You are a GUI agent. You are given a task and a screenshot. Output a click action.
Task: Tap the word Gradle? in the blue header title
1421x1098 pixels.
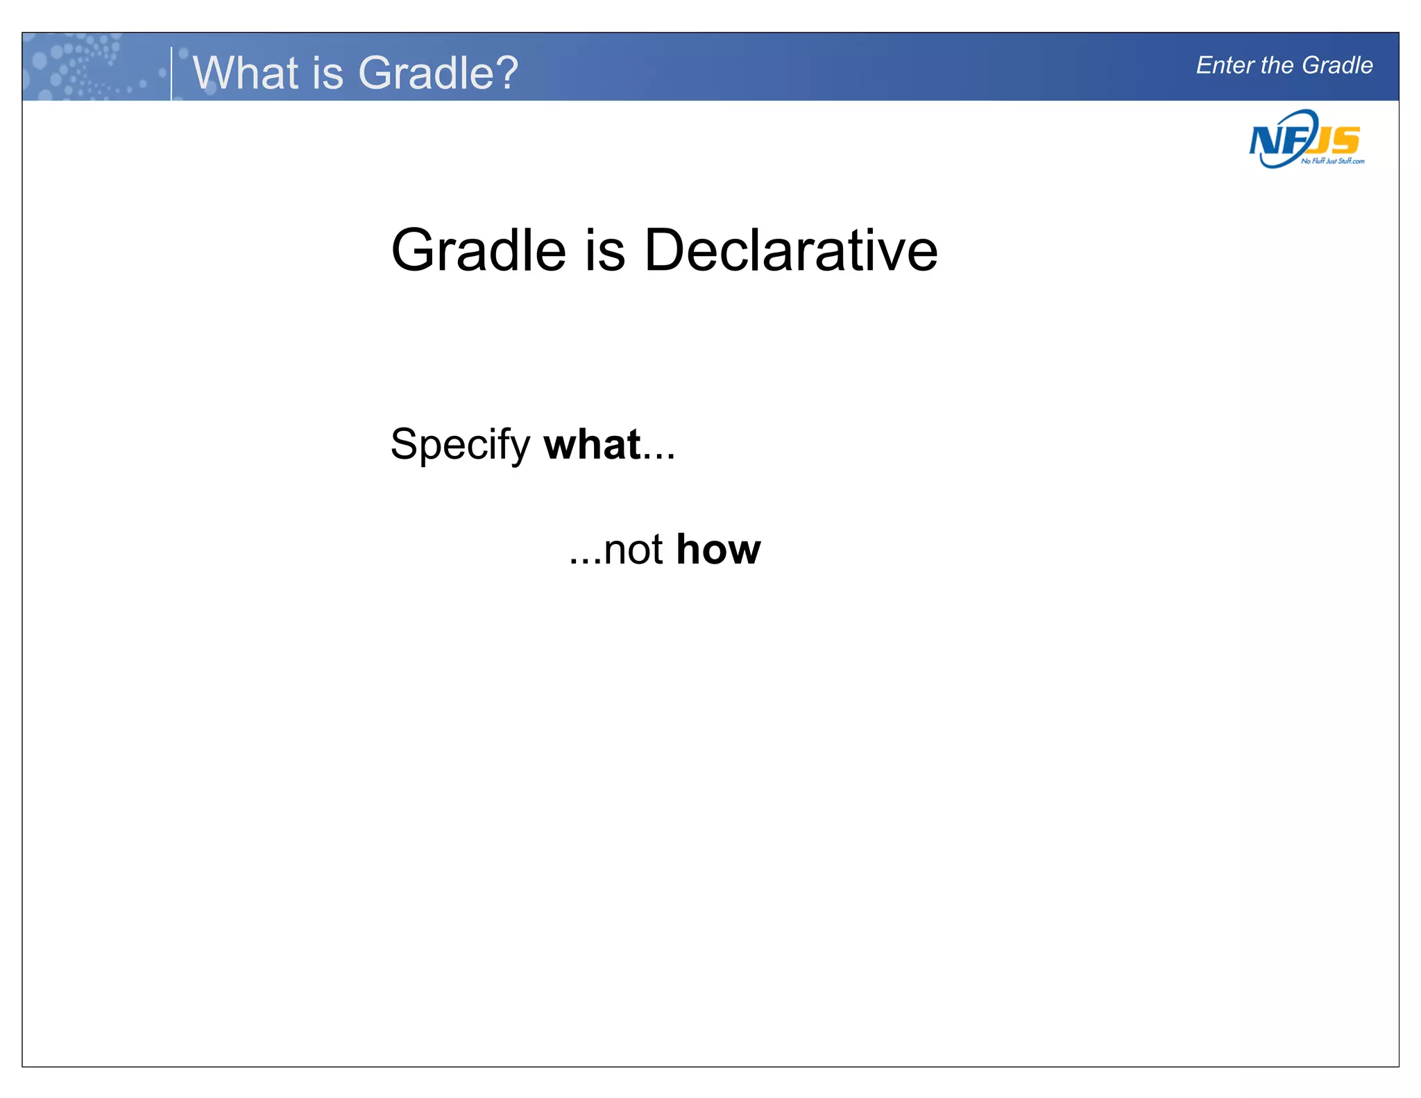[x=438, y=72]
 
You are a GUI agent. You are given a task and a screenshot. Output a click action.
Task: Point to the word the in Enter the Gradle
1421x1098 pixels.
[x=1278, y=65]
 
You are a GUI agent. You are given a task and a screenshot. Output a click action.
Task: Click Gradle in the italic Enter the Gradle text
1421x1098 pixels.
[x=1337, y=65]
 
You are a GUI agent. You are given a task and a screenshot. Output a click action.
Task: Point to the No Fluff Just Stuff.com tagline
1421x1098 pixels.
[x=1333, y=161]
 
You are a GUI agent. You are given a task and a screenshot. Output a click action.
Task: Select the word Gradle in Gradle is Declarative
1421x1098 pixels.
[x=479, y=251]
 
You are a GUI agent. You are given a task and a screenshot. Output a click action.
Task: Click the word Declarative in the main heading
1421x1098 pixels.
[x=790, y=251]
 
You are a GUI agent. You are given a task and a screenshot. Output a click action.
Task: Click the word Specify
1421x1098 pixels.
[x=460, y=445]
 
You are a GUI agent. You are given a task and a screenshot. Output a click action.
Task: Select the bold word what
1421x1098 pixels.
[x=592, y=445]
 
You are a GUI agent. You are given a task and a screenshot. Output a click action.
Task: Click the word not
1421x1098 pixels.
[x=633, y=550]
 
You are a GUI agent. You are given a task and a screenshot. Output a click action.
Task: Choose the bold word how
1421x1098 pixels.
[x=718, y=550]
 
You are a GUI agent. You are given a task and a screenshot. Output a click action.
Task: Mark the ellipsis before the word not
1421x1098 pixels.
[x=584, y=561]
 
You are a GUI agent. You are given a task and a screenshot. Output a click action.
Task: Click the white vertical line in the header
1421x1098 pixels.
[x=171, y=74]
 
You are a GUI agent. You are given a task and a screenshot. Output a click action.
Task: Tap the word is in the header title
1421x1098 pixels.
[x=327, y=72]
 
